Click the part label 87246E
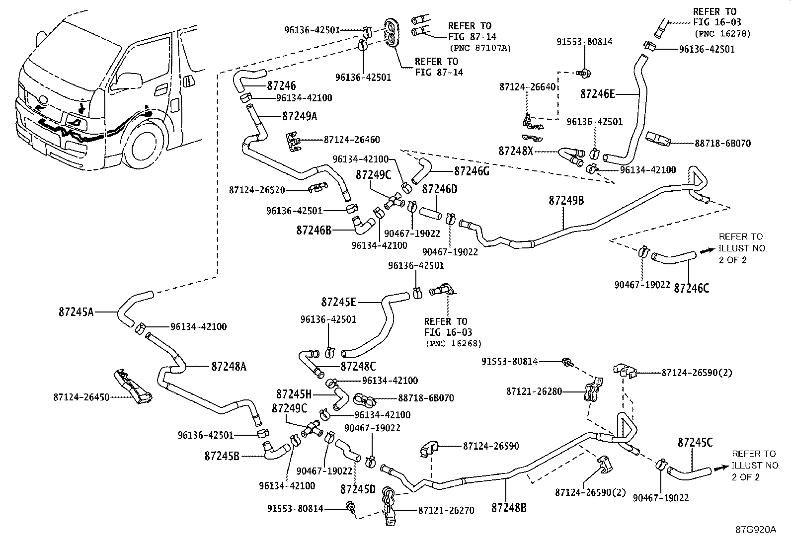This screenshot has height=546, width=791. click(x=598, y=93)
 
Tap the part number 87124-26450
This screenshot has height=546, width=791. click(x=81, y=397)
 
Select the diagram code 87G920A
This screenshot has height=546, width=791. click(x=755, y=529)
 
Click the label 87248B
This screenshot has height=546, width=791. click(x=509, y=508)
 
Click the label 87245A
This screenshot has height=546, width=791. click(x=76, y=312)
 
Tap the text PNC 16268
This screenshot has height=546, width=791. click(x=453, y=343)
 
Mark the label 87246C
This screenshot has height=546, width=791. click(x=692, y=288)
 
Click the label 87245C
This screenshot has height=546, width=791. click(x=695, y=442)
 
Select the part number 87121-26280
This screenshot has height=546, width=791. click(x=534, y=391)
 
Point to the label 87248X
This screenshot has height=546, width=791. click(x=516, y=150)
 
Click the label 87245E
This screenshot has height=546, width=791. click(x=339, y=302)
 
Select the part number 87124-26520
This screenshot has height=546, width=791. click(x=256, y=190)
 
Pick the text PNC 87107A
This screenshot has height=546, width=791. click(x=480, y=48)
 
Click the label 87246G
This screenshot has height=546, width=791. click(x=472, y=171)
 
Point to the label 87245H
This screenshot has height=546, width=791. click(x=294, y=394)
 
